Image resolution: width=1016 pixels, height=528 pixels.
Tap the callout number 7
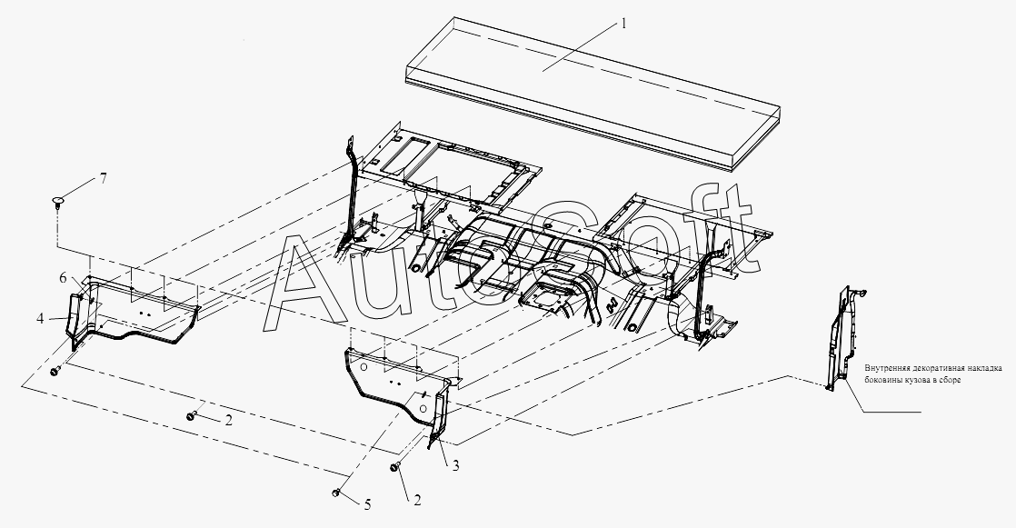[103, 179]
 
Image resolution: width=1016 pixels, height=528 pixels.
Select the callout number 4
[40, 319]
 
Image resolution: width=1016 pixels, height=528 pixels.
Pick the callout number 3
[455, 465]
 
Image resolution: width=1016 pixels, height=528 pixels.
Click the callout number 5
[367, 504]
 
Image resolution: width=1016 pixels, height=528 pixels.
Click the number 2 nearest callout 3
[417, 500]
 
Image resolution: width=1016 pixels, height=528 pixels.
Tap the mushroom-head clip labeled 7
[59, 201]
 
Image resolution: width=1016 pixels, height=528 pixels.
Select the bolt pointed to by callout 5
[336, 493]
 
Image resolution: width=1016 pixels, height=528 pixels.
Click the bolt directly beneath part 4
[55, 371]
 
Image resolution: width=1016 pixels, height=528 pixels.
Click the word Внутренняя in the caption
[885, 369]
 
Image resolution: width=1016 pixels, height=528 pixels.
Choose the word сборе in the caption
[951, 380]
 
